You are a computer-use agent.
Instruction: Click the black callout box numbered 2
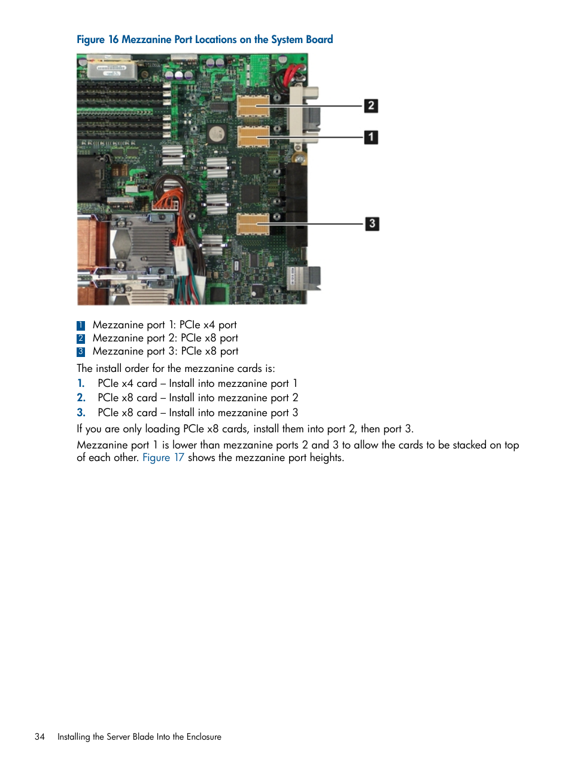point(371,106)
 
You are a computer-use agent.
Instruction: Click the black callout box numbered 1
point(371,137)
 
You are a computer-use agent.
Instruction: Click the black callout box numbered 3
point(372,224)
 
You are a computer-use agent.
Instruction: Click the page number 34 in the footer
point(40,737)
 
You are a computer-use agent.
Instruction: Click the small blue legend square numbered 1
point(81,325)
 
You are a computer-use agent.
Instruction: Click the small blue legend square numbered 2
point(81,338)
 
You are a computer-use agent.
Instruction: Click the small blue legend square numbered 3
point(81,352)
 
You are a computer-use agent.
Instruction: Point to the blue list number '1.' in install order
point(81,383)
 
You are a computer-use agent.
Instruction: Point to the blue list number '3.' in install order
point(81,413)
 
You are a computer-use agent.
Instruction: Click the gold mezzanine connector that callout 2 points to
point(253,106)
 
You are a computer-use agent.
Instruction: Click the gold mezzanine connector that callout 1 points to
point(253,136)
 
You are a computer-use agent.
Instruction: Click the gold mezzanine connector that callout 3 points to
point(253,224)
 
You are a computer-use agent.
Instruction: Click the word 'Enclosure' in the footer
point(204,737)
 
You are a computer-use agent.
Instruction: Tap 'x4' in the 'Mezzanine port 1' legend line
point(209,325)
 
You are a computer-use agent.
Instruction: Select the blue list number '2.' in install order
point(81,398)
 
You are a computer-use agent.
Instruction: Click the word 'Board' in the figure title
point(319,39)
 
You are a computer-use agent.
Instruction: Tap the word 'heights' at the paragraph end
point(326,457)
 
